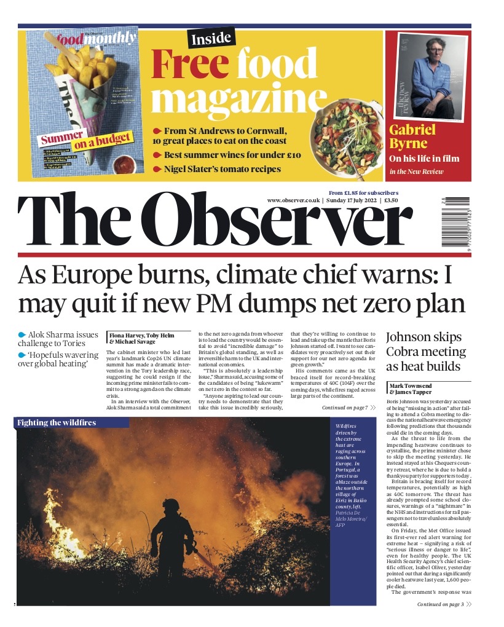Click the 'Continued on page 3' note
[444, 605]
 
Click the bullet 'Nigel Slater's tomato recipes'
[222, 168]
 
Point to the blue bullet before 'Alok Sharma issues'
[22, 334]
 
